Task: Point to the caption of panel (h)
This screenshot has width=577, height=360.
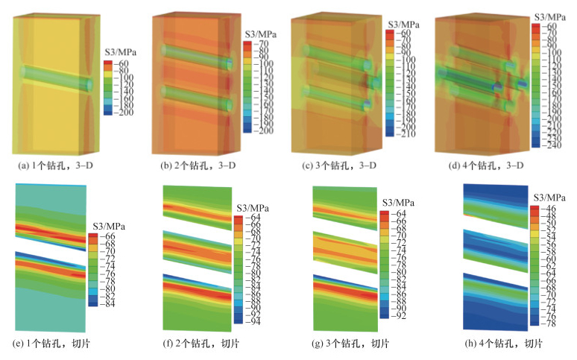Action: (494, 344)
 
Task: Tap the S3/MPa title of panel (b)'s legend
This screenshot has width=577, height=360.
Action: (261, 35)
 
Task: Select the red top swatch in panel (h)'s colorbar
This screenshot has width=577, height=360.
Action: (535, 209)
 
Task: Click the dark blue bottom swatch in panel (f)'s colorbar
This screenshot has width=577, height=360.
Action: (238, 321)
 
